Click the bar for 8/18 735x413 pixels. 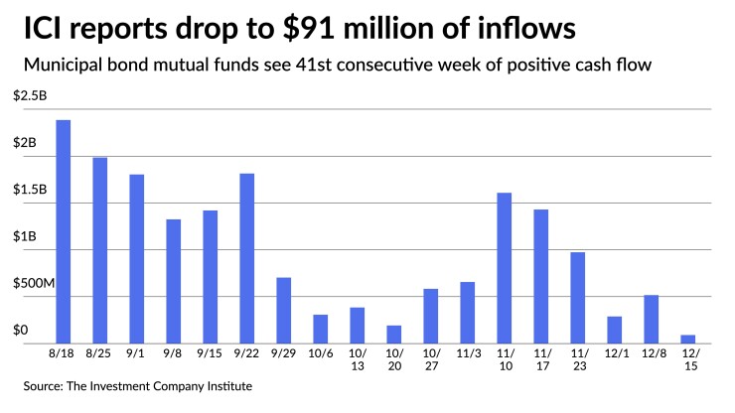pos(63,231)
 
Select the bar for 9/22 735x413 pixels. pos(247,258)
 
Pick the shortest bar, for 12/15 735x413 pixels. pos(688,339)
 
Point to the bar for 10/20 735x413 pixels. pos(394,334)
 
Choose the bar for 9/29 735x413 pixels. pos(284,310)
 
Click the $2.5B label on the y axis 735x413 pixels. pos(29,96)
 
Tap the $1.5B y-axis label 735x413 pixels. pos(29,190)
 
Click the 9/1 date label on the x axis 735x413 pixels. pos(136,353)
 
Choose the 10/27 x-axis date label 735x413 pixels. pos(431,359)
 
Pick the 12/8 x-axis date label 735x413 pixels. pos(651,353)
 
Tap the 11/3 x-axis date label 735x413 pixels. pos(468,353)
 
